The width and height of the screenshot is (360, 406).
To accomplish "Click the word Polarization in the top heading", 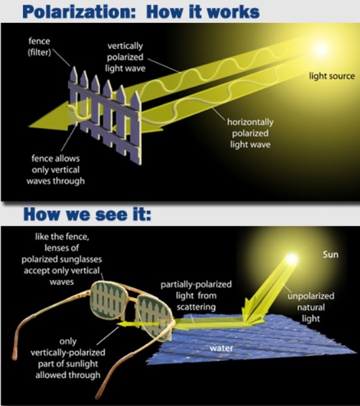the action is click(79, 12).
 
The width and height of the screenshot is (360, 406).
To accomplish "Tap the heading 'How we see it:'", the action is click(87, 214).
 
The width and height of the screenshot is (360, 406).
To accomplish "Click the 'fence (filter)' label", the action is click(39, 46).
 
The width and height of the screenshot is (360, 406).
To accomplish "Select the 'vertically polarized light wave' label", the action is click(125, 58).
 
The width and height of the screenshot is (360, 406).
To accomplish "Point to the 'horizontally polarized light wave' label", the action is click(250, 133).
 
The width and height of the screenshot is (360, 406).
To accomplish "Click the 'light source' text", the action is click(332, 76).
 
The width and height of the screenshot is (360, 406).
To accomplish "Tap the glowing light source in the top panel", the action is click(320, 48).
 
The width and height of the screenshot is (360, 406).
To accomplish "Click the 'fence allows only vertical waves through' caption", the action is click(56, 169).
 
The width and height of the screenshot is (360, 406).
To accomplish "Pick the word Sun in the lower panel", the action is click(331, 254).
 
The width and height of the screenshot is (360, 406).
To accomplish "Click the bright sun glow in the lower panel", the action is click(292, 259).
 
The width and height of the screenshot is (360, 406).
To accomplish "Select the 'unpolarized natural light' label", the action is click(311, 307).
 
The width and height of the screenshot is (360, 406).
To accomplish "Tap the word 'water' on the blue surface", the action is click(221, 348).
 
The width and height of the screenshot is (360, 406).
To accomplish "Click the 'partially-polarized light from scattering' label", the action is click(196, 296).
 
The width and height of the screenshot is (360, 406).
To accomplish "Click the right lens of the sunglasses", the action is click(154, 317).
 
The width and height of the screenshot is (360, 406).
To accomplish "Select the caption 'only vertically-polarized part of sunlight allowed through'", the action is click(67, 358).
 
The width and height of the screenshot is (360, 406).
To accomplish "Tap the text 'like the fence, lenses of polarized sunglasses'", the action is click(62, 248).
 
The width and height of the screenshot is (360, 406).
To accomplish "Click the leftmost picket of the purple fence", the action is click(74, 97).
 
